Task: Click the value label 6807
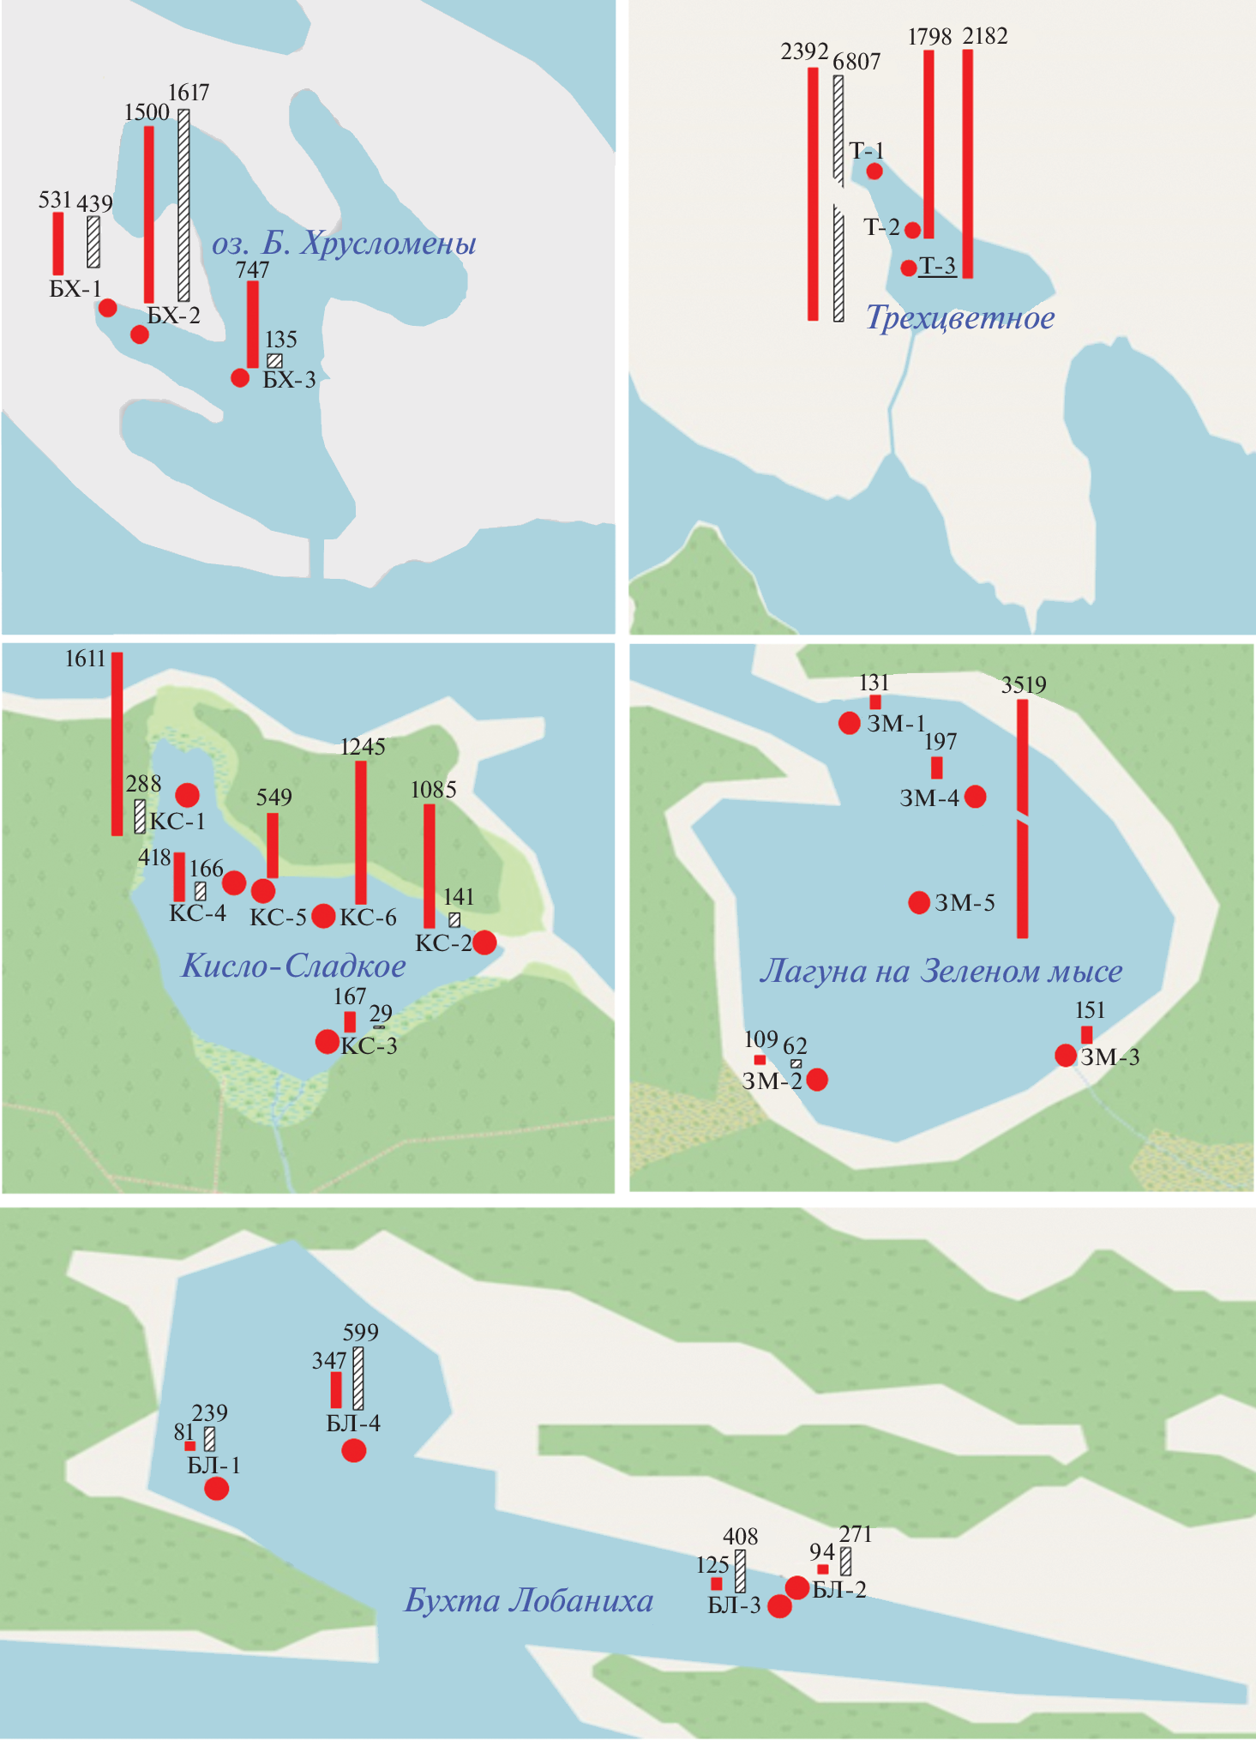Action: (856, 62)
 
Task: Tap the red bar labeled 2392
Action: (813, 194)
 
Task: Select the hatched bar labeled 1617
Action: (183, 205)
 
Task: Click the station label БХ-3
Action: (289, 380)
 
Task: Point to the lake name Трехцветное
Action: (959, 318)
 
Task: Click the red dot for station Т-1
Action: (874, 171)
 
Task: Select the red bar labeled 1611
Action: (117, 744)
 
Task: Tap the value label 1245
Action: (363, 747)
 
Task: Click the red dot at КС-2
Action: (484, 942)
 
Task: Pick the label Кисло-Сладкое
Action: (293, 966)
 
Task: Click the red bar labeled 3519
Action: (1022, 819)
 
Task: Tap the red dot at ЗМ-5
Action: (919, 902)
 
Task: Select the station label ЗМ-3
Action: (1110, 1057)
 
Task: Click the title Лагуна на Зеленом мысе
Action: (940, 972)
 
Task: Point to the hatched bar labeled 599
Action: (358, 1379)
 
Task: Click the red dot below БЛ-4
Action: (353, 1450)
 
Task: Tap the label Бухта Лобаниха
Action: (528, 1601)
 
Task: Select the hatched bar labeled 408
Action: (740, 1571)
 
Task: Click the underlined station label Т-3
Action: (938, 267)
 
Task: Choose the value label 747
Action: (252, 270)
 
